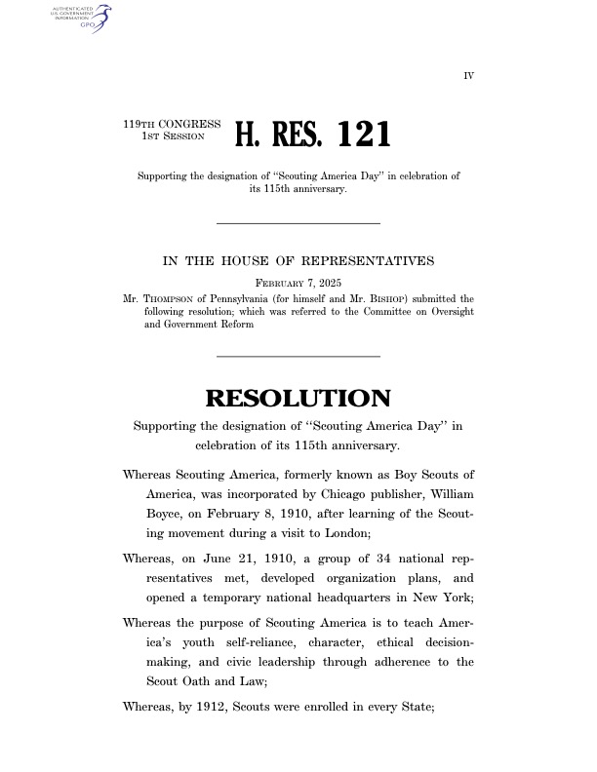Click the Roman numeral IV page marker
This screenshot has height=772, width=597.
coord(468,74)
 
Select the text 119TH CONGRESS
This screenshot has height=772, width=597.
coord(172,125)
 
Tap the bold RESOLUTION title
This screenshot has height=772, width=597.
coord(298,399)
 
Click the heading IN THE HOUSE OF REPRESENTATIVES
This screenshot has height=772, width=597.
coord(298,261)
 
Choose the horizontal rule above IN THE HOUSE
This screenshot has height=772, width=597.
coord(298,224)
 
